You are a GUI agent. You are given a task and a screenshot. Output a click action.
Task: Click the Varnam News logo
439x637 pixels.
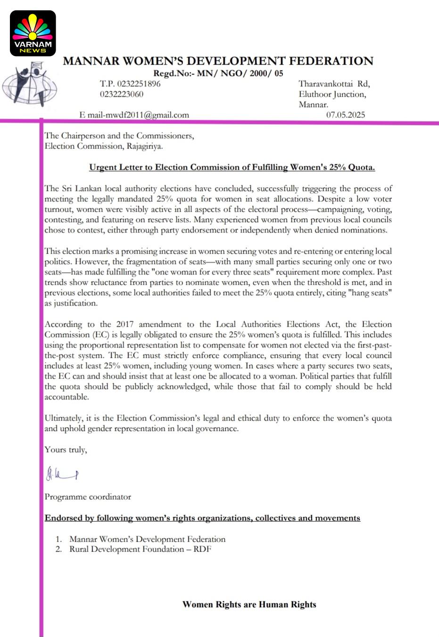[33, 33]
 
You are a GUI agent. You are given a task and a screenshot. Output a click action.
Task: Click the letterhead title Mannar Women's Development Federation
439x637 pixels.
[218, 61]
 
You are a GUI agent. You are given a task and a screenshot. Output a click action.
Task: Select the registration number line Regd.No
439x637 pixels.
[218, 73]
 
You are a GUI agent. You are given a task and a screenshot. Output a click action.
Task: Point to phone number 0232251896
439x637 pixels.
[130, 84]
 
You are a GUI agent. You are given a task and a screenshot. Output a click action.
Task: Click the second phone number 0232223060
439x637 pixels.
[122, 94]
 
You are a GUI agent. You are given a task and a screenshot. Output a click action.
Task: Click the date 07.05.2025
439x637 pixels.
[346, 115]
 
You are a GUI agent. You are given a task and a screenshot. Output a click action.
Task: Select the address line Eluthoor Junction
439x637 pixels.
[332, 94]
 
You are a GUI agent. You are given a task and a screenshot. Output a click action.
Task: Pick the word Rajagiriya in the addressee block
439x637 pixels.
[144, 146]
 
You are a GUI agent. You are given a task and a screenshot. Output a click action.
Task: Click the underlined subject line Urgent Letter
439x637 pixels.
[232, 167]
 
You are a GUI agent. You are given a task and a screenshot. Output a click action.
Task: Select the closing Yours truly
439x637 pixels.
[66, 450]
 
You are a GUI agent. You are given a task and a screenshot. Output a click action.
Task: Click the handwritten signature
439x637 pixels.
[62, 473]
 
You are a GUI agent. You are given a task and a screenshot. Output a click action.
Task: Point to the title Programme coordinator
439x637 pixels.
[88, 497]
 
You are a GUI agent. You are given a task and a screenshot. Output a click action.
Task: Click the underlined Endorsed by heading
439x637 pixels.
[202, 518]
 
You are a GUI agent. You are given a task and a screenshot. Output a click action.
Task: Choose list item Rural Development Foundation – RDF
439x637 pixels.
[140, 549]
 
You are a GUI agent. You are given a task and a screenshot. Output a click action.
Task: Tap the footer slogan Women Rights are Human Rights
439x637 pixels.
[249, 604]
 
